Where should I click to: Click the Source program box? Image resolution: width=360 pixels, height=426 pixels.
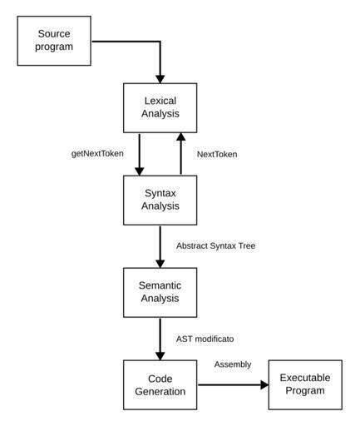point(54,41)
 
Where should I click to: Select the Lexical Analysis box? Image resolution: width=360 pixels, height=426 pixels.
point(160,108)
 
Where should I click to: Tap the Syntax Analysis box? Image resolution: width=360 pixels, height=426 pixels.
point(160,200)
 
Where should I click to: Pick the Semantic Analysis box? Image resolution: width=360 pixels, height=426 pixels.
point(160,292)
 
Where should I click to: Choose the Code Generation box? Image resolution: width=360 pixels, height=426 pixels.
point(160,384)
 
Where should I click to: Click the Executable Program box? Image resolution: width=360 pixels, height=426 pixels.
point(305,384)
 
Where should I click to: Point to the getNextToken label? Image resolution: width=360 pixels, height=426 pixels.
point(97,154)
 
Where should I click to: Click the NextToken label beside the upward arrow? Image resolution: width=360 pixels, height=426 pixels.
point(217,154)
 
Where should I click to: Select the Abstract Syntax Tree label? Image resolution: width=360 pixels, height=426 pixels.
point(215,245)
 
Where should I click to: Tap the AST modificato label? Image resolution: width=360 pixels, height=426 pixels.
point(205,339)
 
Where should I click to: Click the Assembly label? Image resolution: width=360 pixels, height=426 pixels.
point(233,364)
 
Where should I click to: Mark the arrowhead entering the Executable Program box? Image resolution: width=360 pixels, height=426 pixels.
point(264,384)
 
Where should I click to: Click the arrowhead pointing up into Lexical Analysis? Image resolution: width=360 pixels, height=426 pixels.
point(181,136)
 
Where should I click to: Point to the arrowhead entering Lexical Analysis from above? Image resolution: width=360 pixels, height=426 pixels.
point(160,79)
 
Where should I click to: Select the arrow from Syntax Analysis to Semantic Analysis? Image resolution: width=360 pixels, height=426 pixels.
point(160,246)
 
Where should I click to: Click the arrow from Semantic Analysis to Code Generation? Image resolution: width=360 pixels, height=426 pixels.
point(160,339)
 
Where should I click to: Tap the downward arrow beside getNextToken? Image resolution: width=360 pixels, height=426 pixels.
point(139,155)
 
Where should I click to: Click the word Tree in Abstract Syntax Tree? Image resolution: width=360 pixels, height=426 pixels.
point(247,245)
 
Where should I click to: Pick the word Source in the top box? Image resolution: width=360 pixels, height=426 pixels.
point(54,34)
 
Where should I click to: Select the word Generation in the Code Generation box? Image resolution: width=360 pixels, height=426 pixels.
point(160,391)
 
